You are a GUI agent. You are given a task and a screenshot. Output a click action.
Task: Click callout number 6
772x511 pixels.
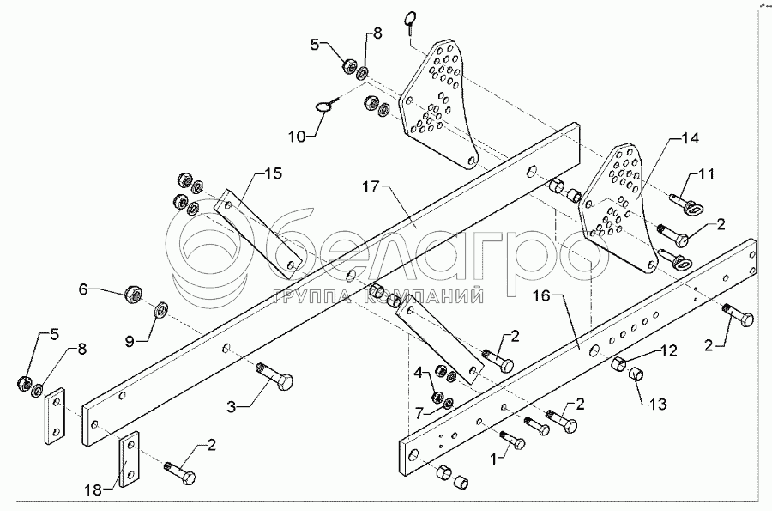(83, 289)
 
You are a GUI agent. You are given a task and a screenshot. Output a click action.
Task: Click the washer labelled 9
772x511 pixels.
(161, 309)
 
